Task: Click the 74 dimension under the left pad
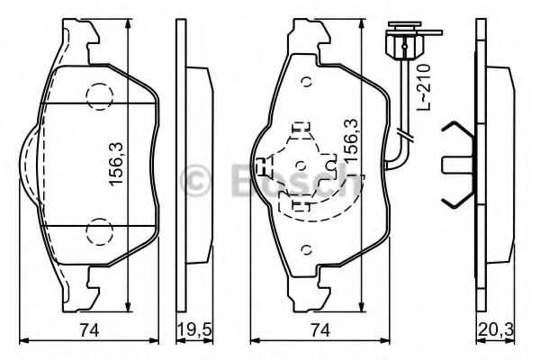click(x=89, y=330)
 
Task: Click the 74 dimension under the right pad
click(x=320, y=330)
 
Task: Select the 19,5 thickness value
click(x=194, y=330)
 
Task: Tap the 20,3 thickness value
click(x=495, y=330)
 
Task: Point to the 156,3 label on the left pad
click(x=116, y=164)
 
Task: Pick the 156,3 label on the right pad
click(x=350, y=141)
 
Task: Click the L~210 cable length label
click(x=423, y=86)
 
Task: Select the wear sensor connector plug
click(x=405, y=42)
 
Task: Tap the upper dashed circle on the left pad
click(x=100, y=96)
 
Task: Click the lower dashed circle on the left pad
click(x=100, y=231)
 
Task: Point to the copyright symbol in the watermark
click(x=195, y=180)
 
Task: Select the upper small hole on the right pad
click(x=306, y=82)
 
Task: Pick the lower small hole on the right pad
click(x=306, y=249)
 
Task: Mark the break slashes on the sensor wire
click(x=405, y=134)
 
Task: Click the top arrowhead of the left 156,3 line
click(x=128, y=23)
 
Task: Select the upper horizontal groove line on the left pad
click(x=97, y=103)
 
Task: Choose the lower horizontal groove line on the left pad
click(x=99, y=226)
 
